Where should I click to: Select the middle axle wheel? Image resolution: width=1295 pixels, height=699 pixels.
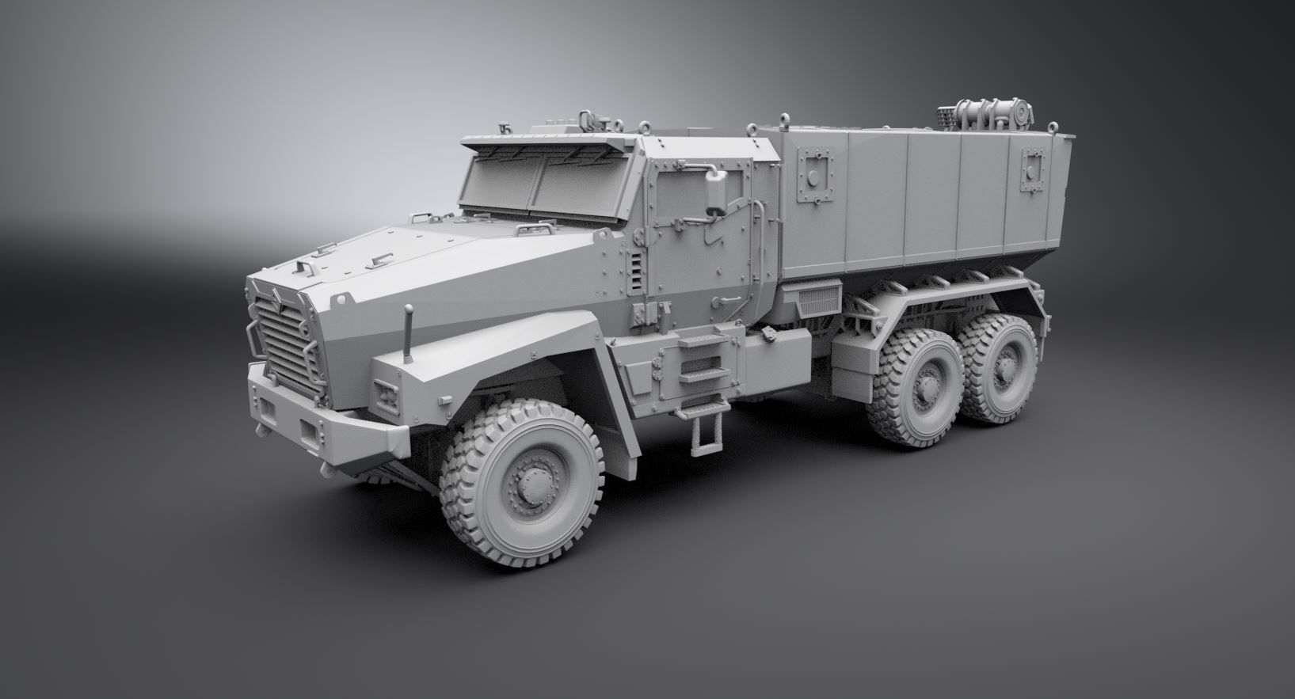[x=919, y=389]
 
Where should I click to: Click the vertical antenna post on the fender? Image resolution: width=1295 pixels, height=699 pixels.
[x=409, y=333]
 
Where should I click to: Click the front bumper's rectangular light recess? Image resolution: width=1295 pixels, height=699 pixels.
[x=307, y=431]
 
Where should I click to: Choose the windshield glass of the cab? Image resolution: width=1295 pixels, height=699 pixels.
[x=539, y=186]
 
